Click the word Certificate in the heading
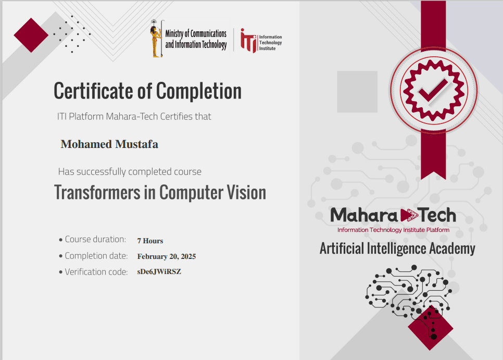coord(93,91)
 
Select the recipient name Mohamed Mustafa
coord(109,144)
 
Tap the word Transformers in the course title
coord(97,193)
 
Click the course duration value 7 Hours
coord(150,241)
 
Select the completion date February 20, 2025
coord(167,256)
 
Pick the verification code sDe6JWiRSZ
coord(159,271)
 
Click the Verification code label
coord(96,272)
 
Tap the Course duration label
coord(95,239)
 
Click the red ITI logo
coord(249,41)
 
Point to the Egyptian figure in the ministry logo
coord(156,39)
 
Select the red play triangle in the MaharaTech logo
coord(409,215)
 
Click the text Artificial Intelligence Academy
coord(397,249)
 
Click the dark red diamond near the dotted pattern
coord(31,35)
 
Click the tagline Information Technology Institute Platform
coord(393,230)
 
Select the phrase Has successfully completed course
coord(130,171)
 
